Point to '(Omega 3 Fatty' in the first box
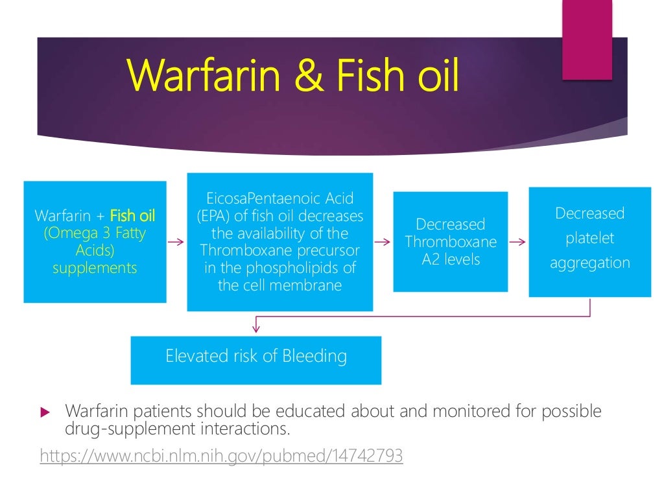95,233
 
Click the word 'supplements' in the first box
95,267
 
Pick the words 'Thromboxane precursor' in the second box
279,251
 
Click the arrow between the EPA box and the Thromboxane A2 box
383,242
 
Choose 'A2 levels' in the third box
450,259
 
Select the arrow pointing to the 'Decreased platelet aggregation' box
518,242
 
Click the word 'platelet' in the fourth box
589,238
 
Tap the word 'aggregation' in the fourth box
589,263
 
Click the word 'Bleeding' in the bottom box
318,356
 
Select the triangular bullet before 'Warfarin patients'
45,412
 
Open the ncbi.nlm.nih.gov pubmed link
221,456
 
